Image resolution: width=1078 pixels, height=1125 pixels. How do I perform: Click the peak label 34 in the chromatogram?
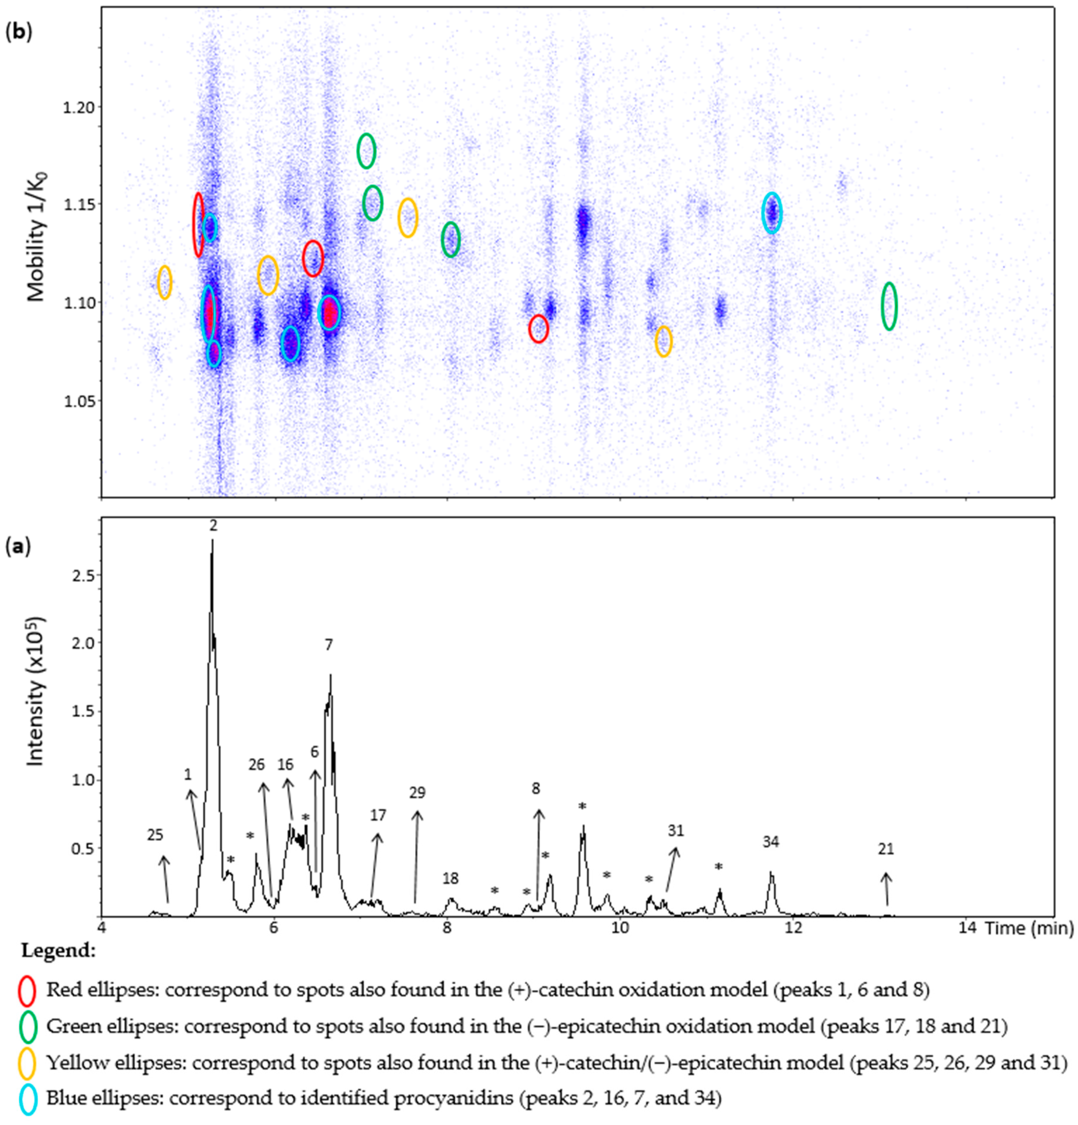tap(771, 842)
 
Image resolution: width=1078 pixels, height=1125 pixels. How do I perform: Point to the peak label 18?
tap(450, 878)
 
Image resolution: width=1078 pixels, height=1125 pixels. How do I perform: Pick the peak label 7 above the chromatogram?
tap(329, 645)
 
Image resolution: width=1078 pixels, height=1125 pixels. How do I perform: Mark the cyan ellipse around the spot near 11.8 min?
tap(772, 213)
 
